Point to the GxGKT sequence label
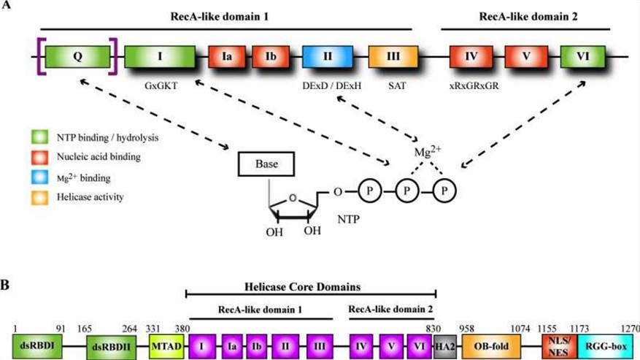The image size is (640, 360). pyautogui.click(x=161, y=85)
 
